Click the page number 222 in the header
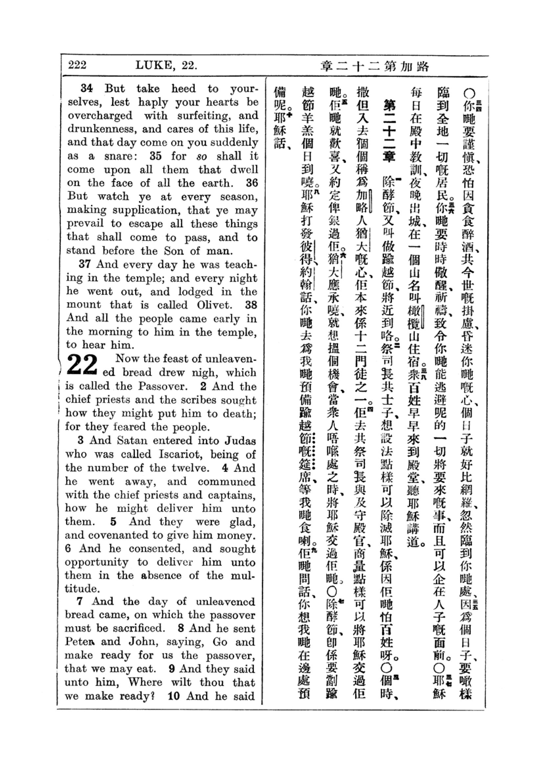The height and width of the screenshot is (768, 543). tap(77, 65)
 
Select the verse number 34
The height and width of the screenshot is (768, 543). tap(87, 89)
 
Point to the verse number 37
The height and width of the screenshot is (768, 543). tap(85, 264)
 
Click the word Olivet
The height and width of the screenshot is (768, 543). tap(214, 305)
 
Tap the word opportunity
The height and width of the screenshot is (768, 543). tap(97, 562)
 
